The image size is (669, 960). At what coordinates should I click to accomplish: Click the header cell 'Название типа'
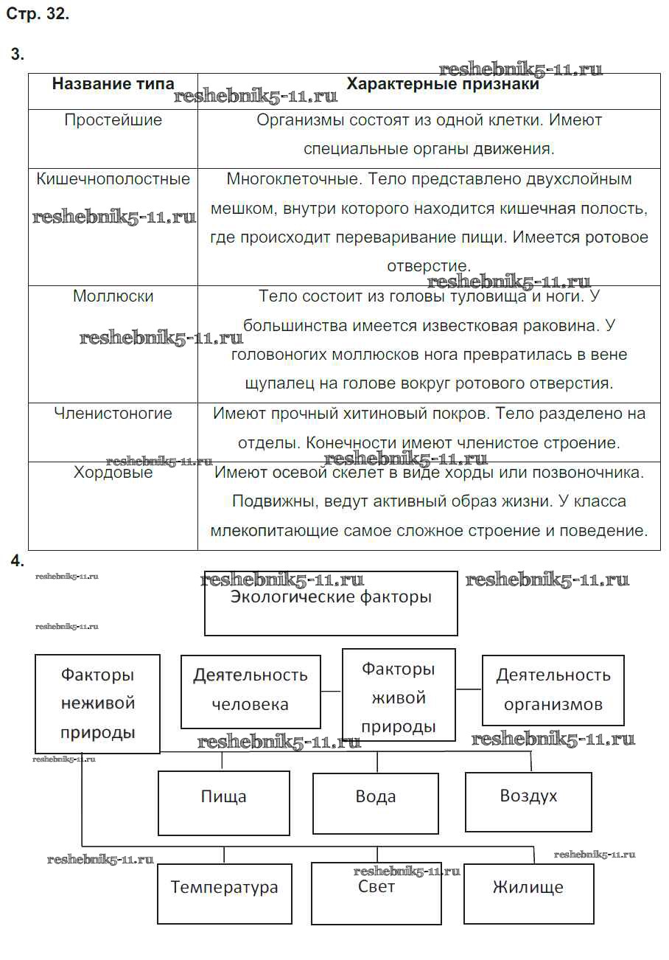113,84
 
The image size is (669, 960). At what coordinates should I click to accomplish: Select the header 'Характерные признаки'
442,84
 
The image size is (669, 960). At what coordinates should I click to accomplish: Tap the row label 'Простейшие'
113,120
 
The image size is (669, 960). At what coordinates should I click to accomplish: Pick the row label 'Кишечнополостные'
113,179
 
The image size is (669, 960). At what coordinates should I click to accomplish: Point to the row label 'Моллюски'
113,296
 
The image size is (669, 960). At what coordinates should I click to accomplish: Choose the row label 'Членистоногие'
113,414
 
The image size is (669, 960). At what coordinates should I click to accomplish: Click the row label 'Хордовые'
113,473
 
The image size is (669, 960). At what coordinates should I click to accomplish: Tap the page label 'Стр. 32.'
38,14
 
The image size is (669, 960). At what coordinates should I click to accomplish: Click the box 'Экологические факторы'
331,602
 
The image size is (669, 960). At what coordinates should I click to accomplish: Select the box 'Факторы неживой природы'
97,703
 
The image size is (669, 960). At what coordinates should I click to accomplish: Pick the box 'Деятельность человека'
251,691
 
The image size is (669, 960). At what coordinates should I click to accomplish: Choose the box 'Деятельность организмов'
553,690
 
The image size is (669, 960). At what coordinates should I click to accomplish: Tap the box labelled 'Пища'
224,802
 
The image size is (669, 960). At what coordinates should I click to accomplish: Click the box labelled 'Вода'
376,802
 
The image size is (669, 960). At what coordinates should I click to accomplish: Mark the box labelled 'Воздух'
528,801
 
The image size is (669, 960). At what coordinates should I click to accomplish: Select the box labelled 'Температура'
224,893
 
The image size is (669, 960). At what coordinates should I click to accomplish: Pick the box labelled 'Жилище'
528,893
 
